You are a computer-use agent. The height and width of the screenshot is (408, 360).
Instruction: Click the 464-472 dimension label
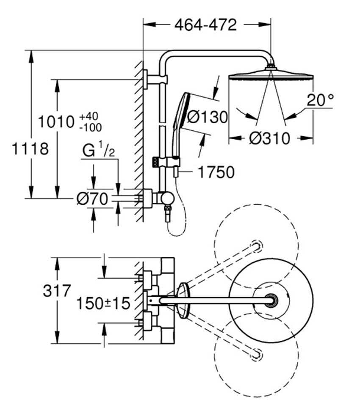[205, 25]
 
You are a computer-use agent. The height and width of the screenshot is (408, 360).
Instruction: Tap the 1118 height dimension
[30, 149]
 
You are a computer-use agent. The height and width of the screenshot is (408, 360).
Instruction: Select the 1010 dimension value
[56, 122]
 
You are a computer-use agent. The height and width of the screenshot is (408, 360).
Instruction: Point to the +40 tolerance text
[89, 116]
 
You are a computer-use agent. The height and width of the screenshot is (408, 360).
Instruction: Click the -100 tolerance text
[91, 127]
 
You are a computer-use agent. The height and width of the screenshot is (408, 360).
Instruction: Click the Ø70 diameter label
[92, 199]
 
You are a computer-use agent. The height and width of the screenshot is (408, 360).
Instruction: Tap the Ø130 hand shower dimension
[208, 117]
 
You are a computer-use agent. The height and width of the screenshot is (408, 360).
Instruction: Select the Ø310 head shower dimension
[269, 138]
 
